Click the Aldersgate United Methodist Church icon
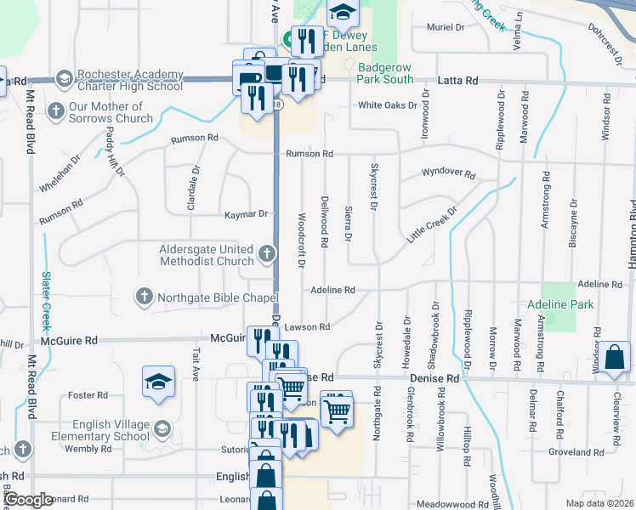pos(267,253)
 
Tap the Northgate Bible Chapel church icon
pos(144,297)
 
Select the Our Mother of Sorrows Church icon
pos(56,110)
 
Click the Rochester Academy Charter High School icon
pos(63,79)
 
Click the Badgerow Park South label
pos(385,73)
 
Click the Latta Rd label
pos(457,80)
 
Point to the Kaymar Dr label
pos(247,214)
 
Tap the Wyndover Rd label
pos(448,173)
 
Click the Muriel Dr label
pos(446,27)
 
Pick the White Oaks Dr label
pos(388,105)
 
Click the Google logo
pos(29,500)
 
